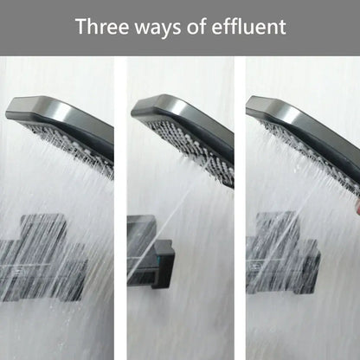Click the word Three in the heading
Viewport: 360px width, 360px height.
click(102, 27)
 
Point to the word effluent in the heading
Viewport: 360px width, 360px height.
click(248, 27)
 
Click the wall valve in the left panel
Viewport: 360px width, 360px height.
click(43, 258)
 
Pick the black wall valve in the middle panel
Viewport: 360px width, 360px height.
click(150, 253)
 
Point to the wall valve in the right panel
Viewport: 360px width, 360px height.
click(283, 254)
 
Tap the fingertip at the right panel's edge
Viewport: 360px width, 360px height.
click(357, 206)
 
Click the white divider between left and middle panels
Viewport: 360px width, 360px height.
click(120, 208)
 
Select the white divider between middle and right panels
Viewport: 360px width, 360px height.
click(240, 208)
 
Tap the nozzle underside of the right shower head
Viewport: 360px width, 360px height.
click(309, 156)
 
